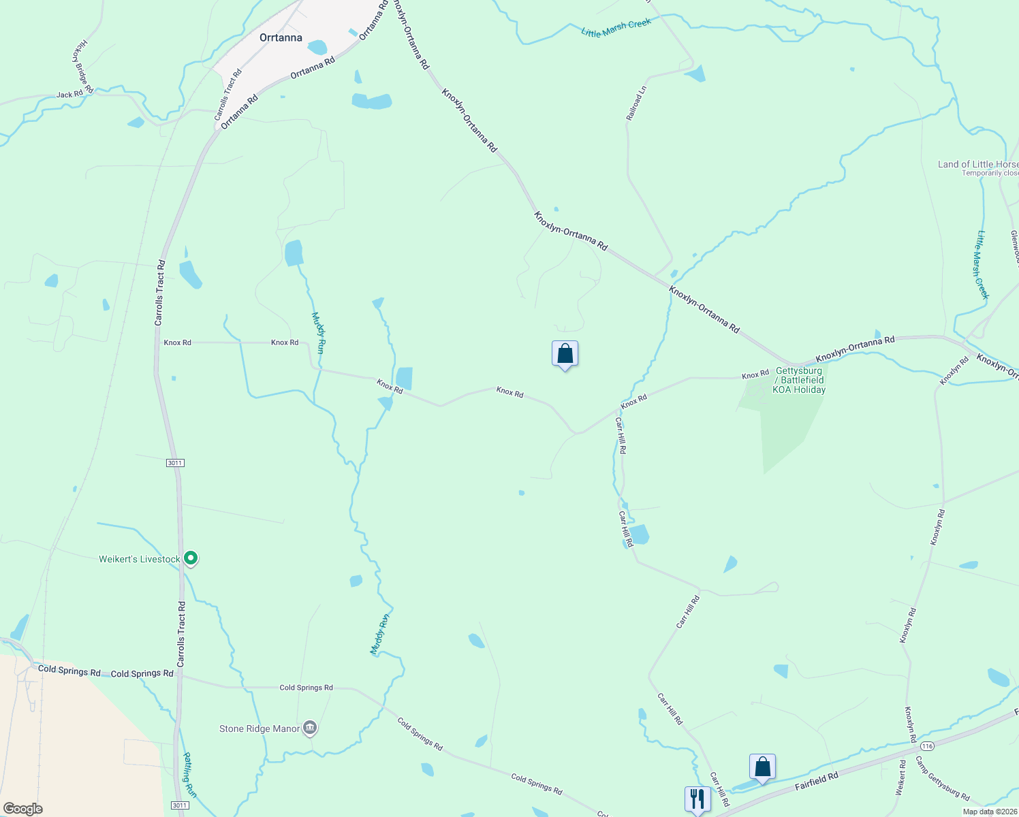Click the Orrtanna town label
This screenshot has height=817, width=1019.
pos(281,38)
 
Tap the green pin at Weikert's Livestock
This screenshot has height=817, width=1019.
pos(191,558)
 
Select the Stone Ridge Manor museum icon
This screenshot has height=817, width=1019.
pos(310,728)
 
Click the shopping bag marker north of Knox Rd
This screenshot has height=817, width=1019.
pos(565,354)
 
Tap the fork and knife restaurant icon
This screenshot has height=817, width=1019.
pos(697,799)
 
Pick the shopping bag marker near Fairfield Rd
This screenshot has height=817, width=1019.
pos(763,767)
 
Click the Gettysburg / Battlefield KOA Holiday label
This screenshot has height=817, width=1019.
pos(799,381)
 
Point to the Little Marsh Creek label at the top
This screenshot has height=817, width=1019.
pos(616,28)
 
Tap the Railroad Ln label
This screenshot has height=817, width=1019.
pos(636,103)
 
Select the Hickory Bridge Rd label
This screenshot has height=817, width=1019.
pos(82,67)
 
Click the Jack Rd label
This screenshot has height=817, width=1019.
pos(69,95)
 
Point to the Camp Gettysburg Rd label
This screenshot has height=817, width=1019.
pos(942,778)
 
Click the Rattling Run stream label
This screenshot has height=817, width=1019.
pos(189,775)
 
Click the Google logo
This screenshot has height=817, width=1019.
pos(22,808)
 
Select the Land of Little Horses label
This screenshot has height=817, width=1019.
pos(978,164)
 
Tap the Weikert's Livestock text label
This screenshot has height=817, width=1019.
pos(140,560)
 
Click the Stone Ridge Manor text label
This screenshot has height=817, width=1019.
pos(260,729)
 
